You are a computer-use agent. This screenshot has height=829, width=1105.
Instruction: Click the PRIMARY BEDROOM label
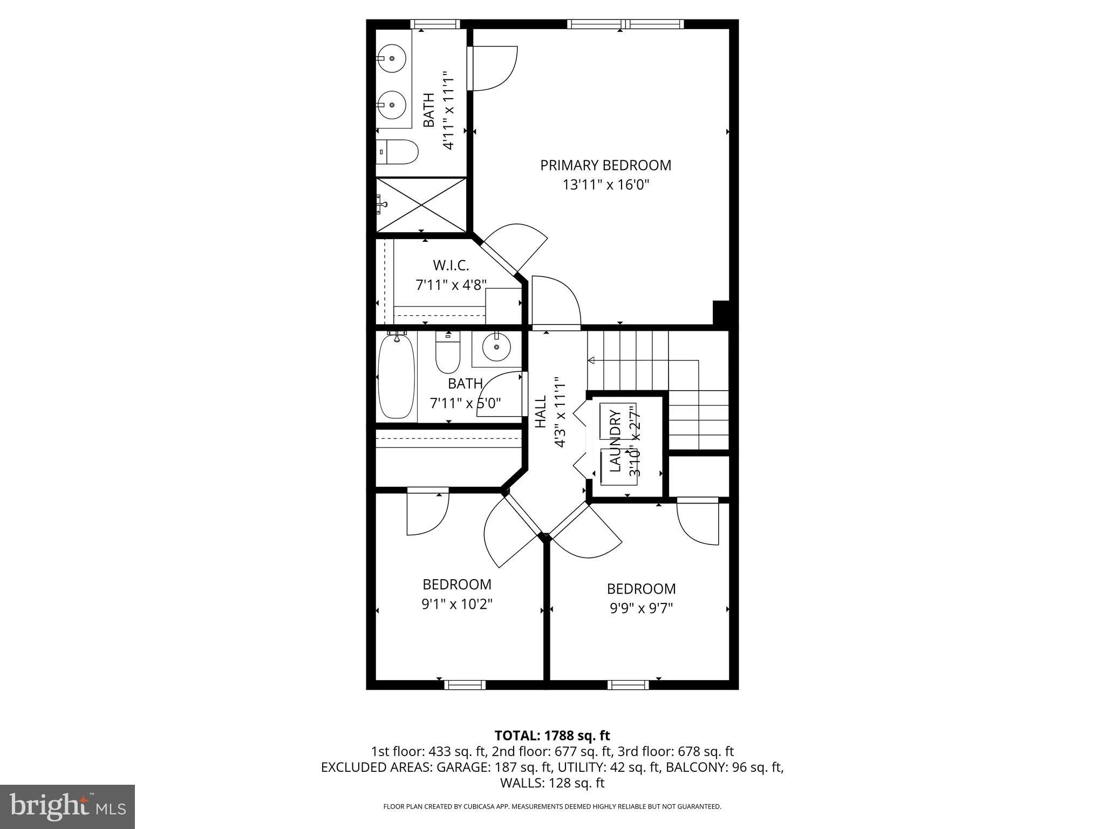tap(605, 165)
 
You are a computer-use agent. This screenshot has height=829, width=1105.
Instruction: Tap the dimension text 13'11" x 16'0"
tap(605, 185)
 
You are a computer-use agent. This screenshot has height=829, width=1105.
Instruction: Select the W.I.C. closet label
tap(451, 266)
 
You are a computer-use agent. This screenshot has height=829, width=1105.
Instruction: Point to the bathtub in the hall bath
tap(396, 376)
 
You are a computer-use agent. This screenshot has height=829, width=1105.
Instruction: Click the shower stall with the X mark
tap(421, 205)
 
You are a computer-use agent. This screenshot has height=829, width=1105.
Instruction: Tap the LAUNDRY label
tap(615, 441)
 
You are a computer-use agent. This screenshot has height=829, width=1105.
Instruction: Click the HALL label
tap(541, 412)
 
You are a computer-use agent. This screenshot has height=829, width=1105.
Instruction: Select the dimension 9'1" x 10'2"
tap(456, 603)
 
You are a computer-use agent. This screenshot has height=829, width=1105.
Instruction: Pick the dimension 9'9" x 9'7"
tap(641, 608)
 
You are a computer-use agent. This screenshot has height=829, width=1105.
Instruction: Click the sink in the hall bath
tap(496, 348)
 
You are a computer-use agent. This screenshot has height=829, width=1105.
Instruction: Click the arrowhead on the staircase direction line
tap(591, 360)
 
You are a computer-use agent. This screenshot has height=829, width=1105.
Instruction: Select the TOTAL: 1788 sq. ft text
tap(552, 736)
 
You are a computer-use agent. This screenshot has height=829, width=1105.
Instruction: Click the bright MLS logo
tap(67, 806)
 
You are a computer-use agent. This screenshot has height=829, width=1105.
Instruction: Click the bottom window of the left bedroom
tap(465, 685)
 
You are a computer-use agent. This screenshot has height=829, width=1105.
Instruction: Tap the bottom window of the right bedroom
tap(627, 685)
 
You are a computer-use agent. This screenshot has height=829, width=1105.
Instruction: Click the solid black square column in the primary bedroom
tap(721, 313)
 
